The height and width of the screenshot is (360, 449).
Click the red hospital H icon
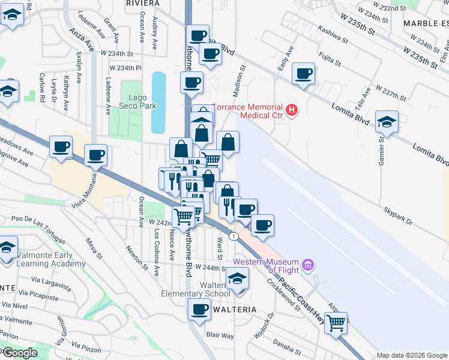[292, 110]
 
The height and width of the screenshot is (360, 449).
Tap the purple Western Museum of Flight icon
[309, 264]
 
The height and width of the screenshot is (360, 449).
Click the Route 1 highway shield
[238, 238]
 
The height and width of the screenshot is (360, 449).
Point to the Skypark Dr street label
[399, 216]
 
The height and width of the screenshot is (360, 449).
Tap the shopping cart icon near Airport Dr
[336, 323]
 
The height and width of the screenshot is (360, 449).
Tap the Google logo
[19, 353]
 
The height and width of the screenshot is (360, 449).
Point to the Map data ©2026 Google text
[412, 355]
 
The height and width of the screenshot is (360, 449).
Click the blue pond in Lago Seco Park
[158, 102]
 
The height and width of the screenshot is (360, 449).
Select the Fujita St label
[330, 58]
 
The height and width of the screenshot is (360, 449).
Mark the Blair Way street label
[219, 335]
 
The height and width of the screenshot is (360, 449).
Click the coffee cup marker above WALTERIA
[199, 310]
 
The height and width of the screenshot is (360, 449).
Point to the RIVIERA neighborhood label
[142, 4]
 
